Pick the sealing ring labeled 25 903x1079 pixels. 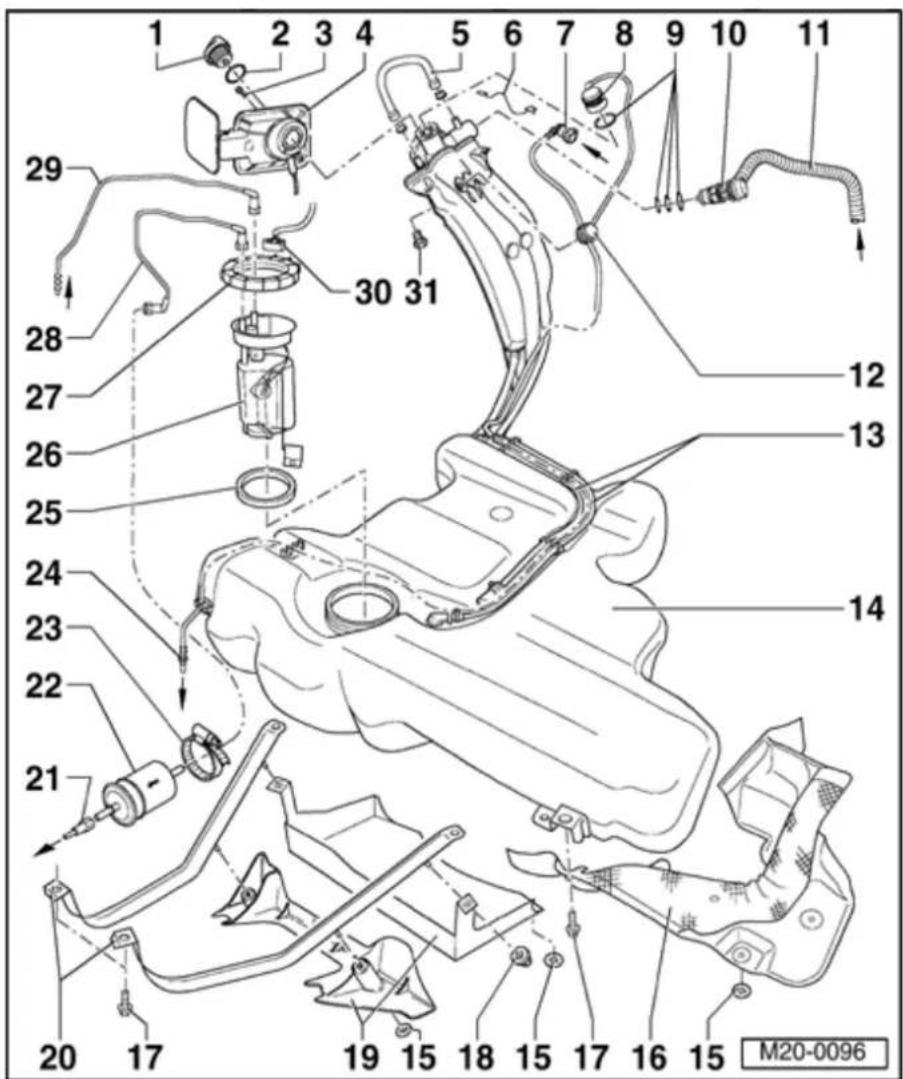pyautogui.click(x=266, y=491)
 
